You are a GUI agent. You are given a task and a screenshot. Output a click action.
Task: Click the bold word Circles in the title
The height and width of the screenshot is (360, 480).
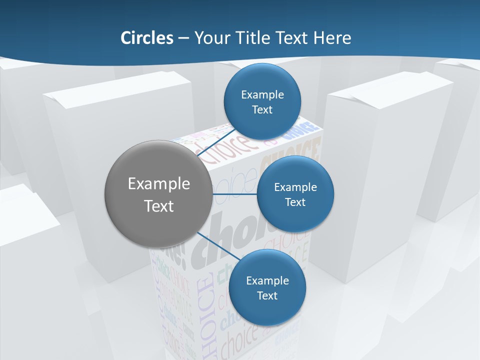click(x=147, y=38)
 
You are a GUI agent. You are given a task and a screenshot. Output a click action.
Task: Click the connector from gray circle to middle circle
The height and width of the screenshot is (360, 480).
click(x=234, y=193)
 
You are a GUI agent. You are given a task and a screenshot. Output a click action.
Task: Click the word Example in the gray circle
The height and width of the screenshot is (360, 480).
click(x=159, y=184)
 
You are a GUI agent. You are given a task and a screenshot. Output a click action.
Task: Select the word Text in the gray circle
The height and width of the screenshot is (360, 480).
click(x=159, y=206)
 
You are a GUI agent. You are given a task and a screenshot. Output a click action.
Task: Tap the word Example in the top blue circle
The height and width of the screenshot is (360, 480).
click(x=262, y=95)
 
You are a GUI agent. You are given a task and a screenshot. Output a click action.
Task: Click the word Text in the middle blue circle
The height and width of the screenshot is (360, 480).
click(x=295, y=202)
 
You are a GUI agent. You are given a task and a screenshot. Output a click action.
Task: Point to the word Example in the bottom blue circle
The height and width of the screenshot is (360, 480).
click(x=267, y=281)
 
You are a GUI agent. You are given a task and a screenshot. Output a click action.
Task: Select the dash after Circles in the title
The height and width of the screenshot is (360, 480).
click(x=183, y=38)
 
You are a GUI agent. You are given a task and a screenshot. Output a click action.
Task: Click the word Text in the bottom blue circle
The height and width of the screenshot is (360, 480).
click(x=267, y=295)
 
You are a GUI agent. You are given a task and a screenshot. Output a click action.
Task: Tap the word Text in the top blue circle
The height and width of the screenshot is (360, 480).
click(x=262, y=109)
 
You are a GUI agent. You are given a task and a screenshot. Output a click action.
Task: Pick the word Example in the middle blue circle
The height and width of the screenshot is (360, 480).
click(x=295, y=187)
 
